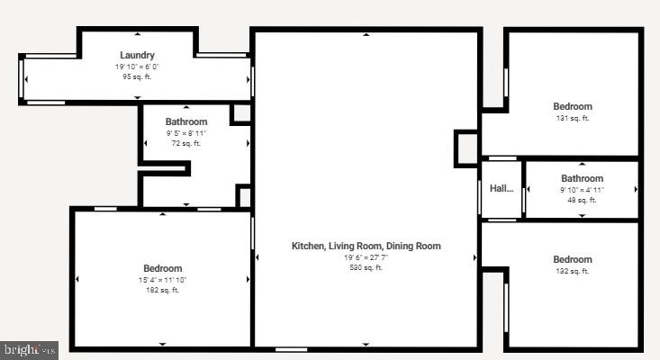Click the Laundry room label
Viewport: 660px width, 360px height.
point(138,56)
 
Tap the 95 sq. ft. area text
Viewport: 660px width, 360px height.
point(138,76)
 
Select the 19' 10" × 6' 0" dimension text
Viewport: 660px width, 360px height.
point(138,67)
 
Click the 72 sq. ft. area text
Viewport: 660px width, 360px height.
point(186,143)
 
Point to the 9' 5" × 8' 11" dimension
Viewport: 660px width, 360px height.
point(186,133)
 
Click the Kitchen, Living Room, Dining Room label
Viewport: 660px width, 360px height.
point(366,246)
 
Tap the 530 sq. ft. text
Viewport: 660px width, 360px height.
point(366,267)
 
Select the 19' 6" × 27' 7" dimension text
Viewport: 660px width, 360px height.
point(366,257)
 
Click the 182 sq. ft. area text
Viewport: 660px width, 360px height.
point(163,290)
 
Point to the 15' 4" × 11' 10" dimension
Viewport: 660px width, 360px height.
point(163,280)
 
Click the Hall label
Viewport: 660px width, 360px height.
point(502,189)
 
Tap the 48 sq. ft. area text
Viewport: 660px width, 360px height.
point(582,200)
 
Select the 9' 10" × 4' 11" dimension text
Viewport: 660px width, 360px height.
point(582,190)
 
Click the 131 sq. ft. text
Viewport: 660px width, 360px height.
point(573,118)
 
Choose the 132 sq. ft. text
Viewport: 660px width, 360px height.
point(573,271)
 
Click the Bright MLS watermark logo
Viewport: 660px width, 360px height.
point(30,349)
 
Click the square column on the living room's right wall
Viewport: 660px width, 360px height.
point(466,148)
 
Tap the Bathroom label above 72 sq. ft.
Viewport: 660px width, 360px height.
point(186,122)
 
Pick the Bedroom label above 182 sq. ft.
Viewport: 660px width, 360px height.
point(163,268)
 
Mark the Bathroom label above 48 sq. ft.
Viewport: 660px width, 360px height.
point(582,178)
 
